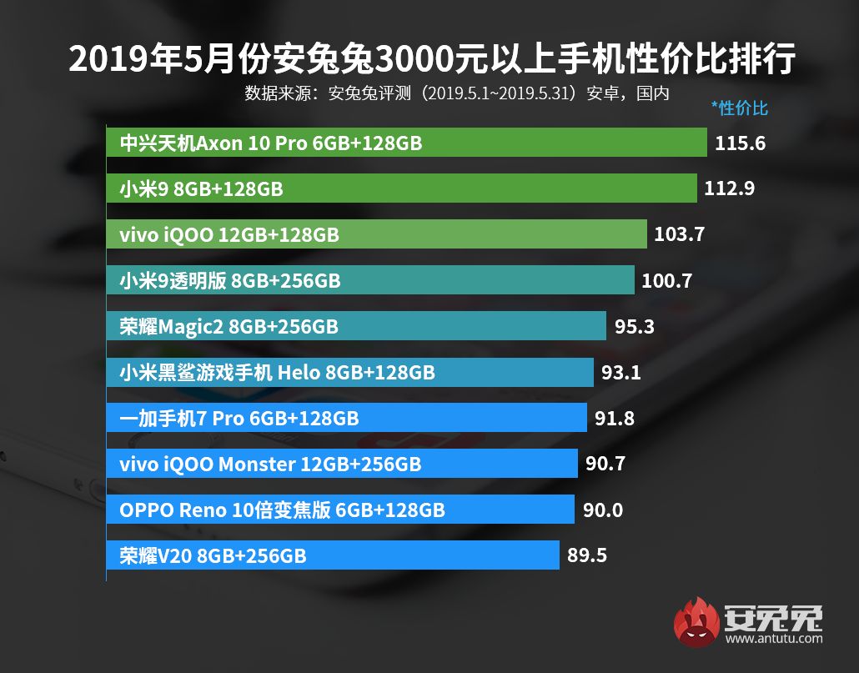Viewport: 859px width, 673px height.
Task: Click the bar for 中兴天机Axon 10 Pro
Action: click(407, 143)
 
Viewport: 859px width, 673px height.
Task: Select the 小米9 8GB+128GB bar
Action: click(401, 188)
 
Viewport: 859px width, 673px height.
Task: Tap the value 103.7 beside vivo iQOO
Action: click(680, 234)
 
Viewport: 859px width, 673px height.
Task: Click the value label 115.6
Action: click(740, 143)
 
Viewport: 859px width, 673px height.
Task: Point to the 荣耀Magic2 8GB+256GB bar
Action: click(356, 326)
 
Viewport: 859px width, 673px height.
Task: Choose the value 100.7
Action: click(667, 280)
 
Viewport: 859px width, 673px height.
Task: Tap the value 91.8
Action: click(615, 418)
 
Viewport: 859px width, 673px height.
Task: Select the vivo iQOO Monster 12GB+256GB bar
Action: click(342, 464)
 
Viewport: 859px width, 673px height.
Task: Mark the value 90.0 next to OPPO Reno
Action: click(603, 510)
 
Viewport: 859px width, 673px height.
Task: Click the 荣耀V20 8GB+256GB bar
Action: click(333, 555)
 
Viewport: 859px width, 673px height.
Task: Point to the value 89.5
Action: click(587, 555)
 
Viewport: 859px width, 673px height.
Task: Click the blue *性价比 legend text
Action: click(739, 108)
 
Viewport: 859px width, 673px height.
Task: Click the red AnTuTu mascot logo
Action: click(696, 622)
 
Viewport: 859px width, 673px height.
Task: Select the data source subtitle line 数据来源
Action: click(457, 93)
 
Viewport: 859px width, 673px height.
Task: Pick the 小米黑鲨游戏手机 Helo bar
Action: click(350, 372)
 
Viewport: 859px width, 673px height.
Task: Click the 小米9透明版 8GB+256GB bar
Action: click(370, 280)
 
